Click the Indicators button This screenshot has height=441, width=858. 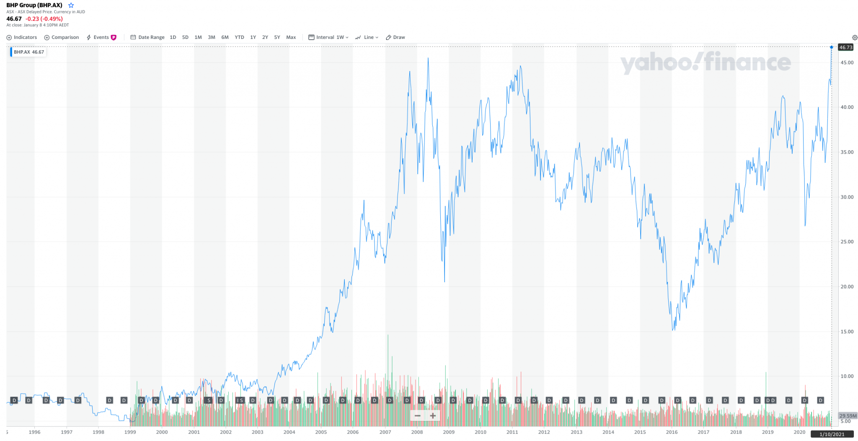point(22,37)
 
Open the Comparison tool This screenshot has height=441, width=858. point(62,37)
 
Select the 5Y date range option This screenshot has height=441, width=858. point(277,37)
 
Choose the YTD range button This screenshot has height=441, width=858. point(239,37)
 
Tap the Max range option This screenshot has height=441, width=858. point(291,37)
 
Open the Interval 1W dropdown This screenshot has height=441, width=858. point(328,37)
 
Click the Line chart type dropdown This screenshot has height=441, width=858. point(367,37)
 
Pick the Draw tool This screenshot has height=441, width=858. point(395,37)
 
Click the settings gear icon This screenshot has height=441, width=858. point(855,38)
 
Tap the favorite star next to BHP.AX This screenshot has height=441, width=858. point(71,5)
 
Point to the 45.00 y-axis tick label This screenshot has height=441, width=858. point(847,63)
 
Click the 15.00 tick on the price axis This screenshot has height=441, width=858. point(847,332)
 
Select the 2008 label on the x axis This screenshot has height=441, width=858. point(417,432)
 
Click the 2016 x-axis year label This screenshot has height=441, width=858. point(672,432)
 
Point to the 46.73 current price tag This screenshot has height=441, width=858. point(845,47)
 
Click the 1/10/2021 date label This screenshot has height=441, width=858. point(832,434)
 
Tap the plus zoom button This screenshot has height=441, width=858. point(433,416)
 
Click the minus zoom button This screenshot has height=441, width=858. point(418,416)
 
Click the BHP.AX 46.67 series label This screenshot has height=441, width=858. point(28,52)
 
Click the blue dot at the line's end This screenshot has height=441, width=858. point(832,47)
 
